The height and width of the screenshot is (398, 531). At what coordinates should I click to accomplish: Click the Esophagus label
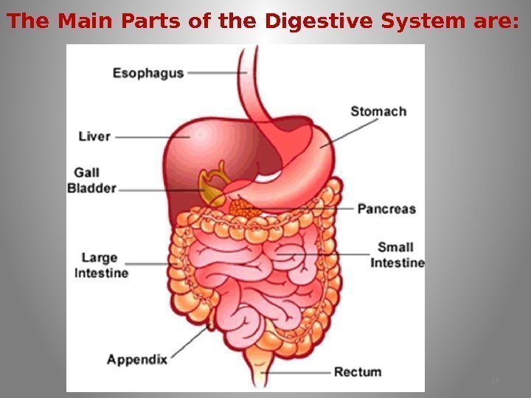[x=148, y=73]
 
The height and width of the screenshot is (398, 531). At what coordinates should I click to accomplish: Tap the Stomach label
[x=378, y=111]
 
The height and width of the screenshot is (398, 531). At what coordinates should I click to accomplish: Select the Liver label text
[x=94, y=136]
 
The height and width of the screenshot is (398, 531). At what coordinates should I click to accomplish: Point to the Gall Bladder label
[x=92, y=181]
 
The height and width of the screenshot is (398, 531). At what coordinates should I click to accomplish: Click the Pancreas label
[x=386, y=209]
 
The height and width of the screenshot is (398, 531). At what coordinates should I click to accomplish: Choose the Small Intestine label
[x=397, y=255]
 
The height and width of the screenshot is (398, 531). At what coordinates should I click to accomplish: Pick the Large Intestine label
[x=101, y=265]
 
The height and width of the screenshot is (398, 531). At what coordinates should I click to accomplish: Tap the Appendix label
[x=136, y=360]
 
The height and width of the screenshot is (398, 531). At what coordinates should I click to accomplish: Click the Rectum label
[x=358, y=371]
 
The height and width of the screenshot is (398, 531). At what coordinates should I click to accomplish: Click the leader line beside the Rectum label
[x=302, y=372]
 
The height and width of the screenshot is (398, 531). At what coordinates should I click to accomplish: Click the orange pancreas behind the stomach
[x=243, y=206]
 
